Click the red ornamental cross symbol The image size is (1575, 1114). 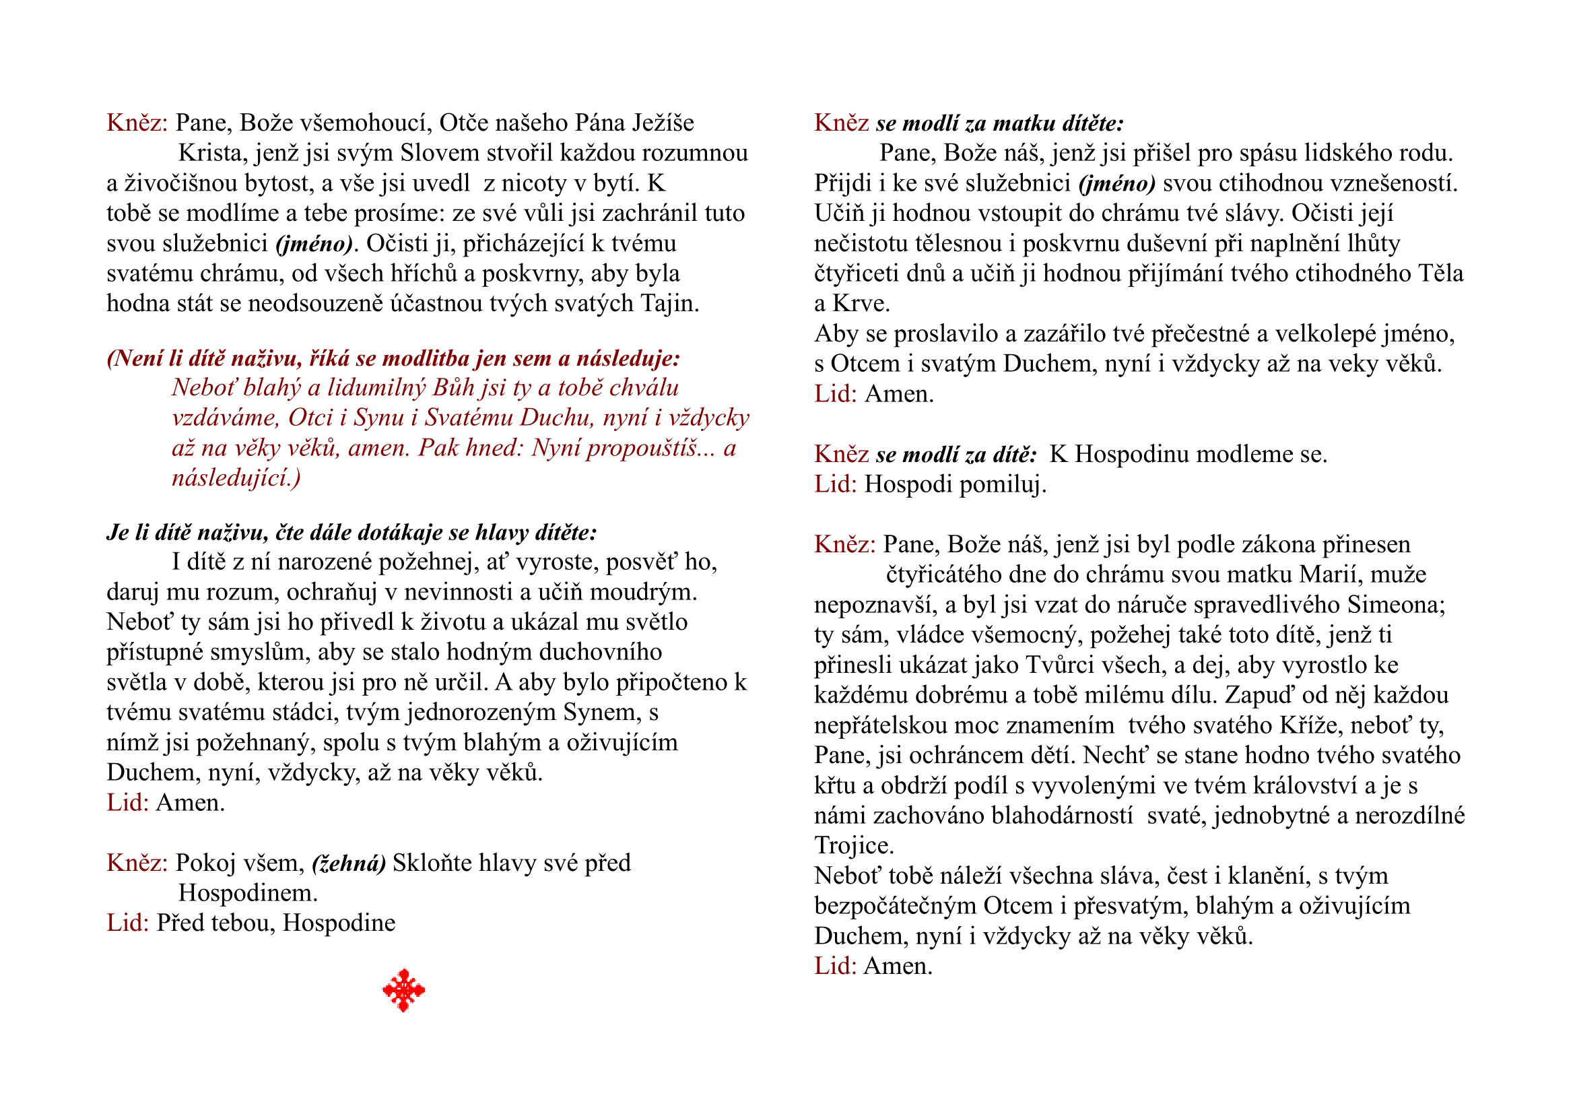click(x=403, y=990)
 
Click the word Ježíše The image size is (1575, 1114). click(x=663, y=123)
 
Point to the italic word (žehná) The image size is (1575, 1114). click(x=349, y=863)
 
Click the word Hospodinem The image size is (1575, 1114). click(x=248, y=893)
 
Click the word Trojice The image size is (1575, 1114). click(x=854, y=846)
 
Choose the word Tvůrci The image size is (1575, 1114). click(x=1063, y=665)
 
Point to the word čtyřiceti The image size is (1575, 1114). click(x=856, y=273)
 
